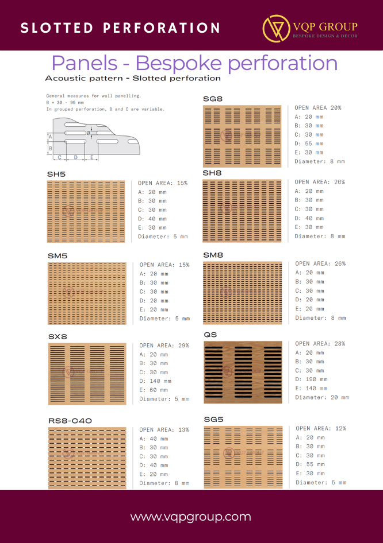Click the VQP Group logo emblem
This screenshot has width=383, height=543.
click(x=276, y=28)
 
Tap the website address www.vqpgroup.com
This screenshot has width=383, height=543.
click(x=191, y=517)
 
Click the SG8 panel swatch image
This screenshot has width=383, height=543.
click(x=245, y=135)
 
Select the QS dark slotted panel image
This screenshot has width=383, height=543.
click(x=243, y=372)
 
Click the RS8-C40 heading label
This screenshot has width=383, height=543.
click(x=70, y=421)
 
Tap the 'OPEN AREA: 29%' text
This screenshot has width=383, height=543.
click(x=164, y=346)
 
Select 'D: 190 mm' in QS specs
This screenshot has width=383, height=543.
click(x=311, y=379)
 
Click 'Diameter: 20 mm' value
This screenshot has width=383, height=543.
click(x=322, y=397)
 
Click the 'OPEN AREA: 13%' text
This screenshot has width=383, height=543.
click(x=164, y=429)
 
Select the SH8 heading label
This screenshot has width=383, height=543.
click(x=212, y=173)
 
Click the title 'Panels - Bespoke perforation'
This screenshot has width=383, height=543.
click(x=194, y=63)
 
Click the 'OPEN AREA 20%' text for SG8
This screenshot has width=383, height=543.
click(x=318, y=107)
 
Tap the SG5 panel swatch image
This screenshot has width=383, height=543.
click(x=243, y=457)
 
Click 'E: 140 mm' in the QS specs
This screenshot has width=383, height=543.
click(x=311, y=389)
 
